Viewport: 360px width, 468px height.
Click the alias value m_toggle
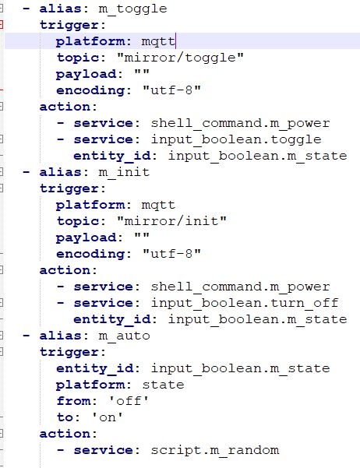[132, 9]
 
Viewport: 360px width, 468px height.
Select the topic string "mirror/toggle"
[181, 58]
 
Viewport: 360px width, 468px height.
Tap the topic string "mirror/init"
[171, 221]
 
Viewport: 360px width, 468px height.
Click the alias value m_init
[124, 172]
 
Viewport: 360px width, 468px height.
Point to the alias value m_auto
[124, 336]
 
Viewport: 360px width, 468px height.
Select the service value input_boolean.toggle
[236, 139]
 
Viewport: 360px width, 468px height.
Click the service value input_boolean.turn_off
[245, 303]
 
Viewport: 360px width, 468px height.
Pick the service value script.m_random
[215, 450]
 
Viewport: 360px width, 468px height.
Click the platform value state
[163, 385]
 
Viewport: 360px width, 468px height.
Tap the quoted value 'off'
[129, 401]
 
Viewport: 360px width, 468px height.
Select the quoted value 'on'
[108, 417]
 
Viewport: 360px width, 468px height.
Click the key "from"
[74, 401]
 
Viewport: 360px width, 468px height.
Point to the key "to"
[65, 417]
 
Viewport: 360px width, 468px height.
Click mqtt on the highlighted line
[158, 41]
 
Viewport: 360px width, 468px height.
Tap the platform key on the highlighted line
[90, 41]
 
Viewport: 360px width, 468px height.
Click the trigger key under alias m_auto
[69, 352]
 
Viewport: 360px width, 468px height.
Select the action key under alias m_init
[65, 270]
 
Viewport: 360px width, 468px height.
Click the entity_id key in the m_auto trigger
[95, 368]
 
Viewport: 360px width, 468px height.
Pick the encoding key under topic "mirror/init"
[90, 255]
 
